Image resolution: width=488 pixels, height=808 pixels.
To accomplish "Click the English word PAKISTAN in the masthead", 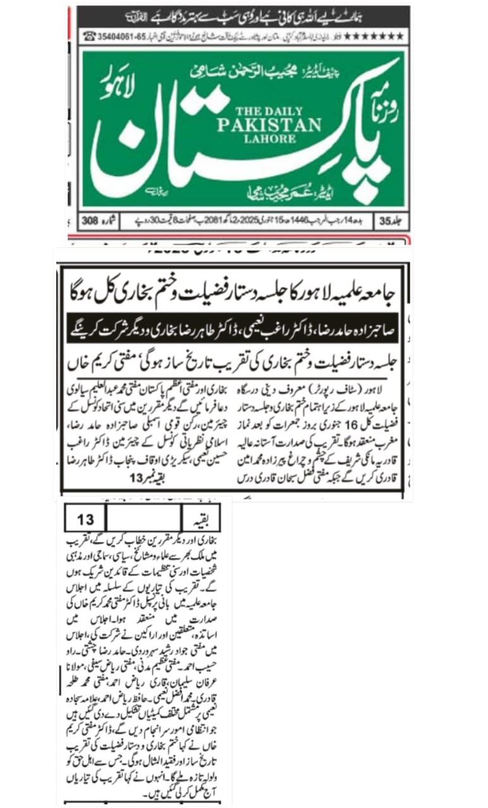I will pyautogui.click(x=269, y=124).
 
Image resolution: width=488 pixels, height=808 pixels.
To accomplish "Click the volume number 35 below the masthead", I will pyautogui.click(x=386, y=222).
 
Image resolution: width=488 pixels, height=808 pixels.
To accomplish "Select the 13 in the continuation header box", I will pyautogui.click(x=85, y=520).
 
